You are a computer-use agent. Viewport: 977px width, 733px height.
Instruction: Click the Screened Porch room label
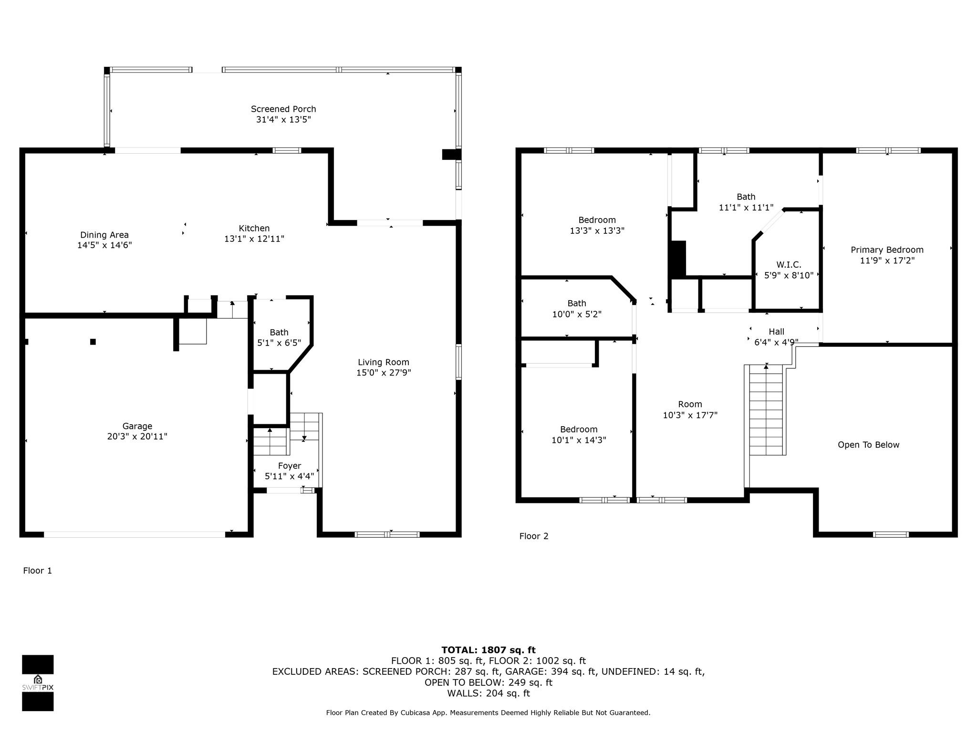[x=283, y=109]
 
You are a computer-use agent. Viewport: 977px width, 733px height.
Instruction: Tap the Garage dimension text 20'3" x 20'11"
[x=137, y=436]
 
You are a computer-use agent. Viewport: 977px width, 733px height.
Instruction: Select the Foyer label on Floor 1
[x=290, y=466]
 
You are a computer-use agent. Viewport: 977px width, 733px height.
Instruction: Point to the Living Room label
[x=384, y=362]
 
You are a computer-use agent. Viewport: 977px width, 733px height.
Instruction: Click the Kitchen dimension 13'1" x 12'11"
[x=254, y=239]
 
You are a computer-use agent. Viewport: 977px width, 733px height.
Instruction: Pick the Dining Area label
[x=104, y=235]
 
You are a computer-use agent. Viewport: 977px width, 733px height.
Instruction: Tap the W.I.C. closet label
[x=789, y=264]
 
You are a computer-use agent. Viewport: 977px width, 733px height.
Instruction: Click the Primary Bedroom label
[x=887, y=250]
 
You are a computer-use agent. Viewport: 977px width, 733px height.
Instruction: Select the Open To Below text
[x=869, y=445]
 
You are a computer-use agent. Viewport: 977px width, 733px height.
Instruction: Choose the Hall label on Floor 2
[x=777, y=332]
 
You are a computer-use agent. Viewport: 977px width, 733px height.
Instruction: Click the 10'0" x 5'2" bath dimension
[x=577, y=314]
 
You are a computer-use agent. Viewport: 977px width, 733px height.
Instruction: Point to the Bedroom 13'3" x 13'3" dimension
[x=597, y=230]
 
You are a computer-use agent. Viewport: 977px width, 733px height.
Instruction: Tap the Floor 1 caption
[x=37, y=570]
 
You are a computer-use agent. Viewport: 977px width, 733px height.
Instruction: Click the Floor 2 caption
[x=534, y=536]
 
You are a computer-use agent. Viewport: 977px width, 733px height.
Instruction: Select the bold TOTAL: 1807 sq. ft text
[x=488, y=650]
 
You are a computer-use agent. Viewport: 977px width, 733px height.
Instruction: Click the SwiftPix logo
[x=38, y=683]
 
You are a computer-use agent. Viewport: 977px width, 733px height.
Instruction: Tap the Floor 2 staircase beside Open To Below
[x=766, y=410]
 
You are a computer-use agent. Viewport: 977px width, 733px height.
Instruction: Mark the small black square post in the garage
[x=93, y=342]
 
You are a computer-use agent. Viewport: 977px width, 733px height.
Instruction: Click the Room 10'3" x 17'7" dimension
[x=690, y=415]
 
